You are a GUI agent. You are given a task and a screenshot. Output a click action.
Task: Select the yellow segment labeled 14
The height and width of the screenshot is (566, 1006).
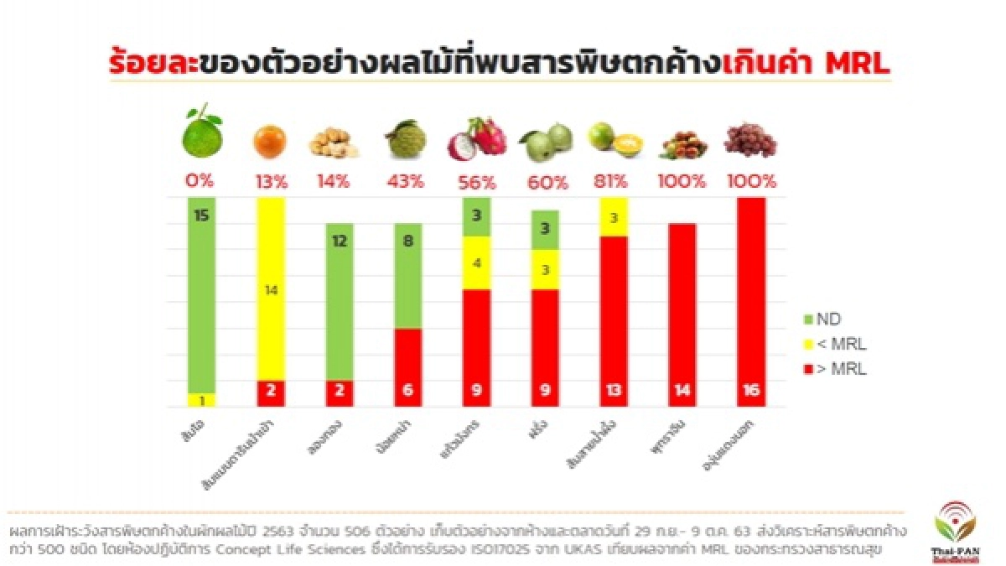pos(271,289)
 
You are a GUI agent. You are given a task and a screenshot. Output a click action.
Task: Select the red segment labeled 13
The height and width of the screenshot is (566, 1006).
pos(614,321)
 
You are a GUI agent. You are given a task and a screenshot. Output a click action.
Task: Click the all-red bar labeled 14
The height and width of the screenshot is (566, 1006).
pos(682,314)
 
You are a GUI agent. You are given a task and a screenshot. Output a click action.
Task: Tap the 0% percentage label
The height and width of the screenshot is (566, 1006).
pos(200,181)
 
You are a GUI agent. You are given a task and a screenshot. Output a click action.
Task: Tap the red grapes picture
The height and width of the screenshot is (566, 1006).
pos(749,139)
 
